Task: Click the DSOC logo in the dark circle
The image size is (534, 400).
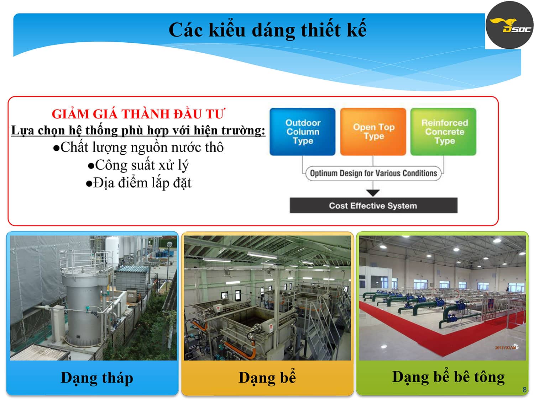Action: tap(509, 25)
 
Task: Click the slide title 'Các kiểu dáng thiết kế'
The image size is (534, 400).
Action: tap(267, 30)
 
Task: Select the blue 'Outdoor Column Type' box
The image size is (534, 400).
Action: tap(302, 132)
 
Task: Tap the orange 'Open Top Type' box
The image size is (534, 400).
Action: tap(373, 132)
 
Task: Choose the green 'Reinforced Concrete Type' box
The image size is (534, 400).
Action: tap(443, 132)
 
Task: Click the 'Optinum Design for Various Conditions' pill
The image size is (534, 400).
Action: tap(373, 174)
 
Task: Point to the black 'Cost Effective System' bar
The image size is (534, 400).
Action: tap(373, 206)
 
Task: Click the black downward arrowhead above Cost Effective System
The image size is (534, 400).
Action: tap(373, 193)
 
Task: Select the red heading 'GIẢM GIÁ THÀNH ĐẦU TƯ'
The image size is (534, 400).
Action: tap(139, 114)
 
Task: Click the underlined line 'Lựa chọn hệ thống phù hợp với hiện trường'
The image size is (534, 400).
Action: tap(138, 130)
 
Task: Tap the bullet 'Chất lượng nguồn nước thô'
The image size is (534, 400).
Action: tap(138, 148)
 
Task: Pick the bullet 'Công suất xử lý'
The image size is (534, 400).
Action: tap(138, 165)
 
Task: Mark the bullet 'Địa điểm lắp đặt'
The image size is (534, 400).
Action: tap(138, 183)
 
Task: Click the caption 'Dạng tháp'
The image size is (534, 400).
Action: tap(97, 378)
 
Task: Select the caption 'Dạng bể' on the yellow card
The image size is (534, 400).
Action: tap(267, 378)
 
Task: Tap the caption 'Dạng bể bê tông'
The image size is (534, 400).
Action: tap(448, 377)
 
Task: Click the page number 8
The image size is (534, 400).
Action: tap(524, 390)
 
